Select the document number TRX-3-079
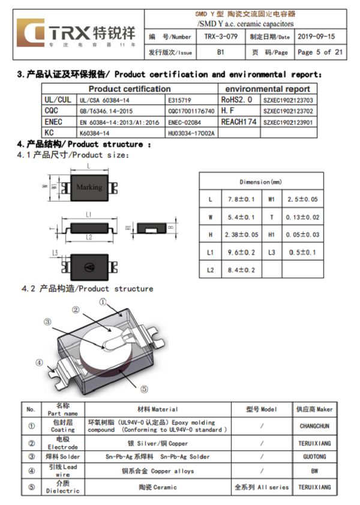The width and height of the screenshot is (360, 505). point(220,37)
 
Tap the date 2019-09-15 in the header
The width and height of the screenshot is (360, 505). point(316,37)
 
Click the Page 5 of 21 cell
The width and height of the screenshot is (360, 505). point(320,52)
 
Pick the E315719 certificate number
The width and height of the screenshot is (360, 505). point(180,100)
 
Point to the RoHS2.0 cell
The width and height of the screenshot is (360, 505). point(237,100)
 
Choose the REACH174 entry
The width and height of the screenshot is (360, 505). point(238,122)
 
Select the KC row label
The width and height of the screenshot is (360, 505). point(50,133)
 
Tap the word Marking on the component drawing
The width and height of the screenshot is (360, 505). point(89,187)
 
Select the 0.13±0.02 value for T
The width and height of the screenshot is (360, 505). point(302,217)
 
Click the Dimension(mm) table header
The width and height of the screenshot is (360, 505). point(261,182)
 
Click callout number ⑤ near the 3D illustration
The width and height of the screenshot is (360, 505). point(144,388)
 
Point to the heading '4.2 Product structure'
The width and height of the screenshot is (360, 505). point(88,288)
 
